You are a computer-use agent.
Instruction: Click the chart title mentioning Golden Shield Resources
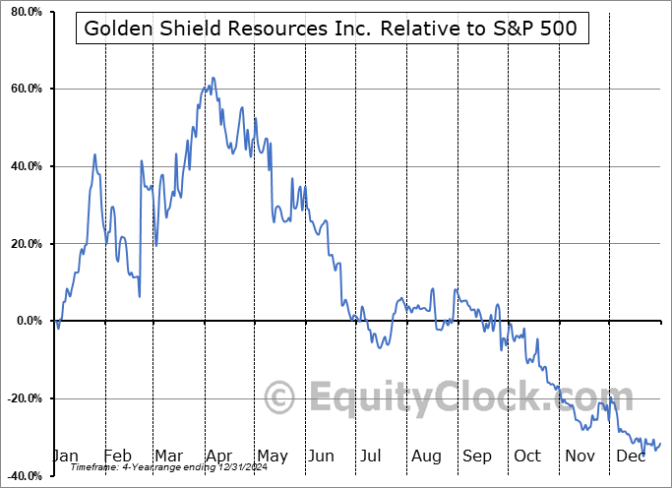tap(332, 30)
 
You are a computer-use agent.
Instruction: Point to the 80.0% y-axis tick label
tap(25, 12)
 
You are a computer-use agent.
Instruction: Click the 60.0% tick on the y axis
tap(25, 90)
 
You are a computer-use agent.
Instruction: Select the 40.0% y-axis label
tap(25, 166)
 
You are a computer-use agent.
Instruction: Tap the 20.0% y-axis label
tap(25, 244)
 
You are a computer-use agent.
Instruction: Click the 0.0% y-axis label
tap(28, 321)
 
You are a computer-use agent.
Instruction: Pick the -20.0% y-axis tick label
tap(23, 398)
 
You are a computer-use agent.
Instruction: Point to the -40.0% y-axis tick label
tap(23, 475)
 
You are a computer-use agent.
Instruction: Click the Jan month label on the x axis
tap(64, 456)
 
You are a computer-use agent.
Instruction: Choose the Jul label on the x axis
tap(372, 456)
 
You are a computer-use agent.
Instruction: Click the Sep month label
tap(477, 456)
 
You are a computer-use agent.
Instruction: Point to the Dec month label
tap(631, 456)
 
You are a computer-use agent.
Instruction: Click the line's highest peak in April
tap(213, 78)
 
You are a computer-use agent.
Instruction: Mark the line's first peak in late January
tap(94, 154)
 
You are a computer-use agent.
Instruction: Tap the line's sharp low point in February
tap(139, 295)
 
